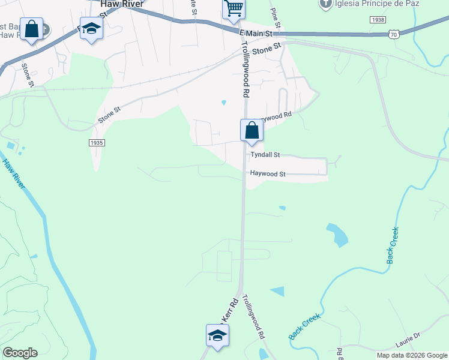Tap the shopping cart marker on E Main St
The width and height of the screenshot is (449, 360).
[234, 10]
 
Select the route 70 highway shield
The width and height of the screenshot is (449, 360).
[393, 35]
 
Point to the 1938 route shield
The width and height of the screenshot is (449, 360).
[378, 20]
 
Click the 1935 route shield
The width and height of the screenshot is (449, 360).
[97, 142]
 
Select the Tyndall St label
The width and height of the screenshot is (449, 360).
[265, 155]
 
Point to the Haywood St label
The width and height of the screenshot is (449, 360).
[267, 174]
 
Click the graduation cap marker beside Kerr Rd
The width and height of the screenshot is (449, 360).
[217, 336]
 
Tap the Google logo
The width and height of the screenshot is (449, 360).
[20, 353]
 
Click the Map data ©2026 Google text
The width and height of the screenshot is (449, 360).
[412, 355]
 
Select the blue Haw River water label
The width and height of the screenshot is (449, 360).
[13, 174]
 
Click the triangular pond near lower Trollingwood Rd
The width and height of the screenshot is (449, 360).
[277, 292]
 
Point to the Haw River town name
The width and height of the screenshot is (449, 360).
[122, 4]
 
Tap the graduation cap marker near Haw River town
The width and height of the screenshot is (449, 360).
[91, 29]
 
